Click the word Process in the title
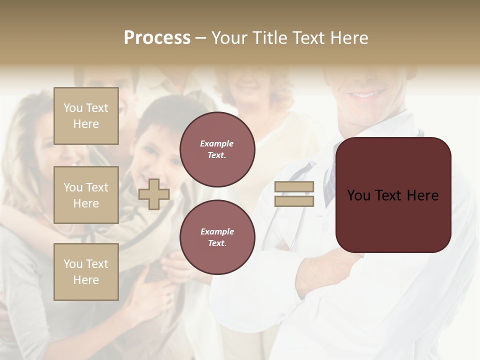[x=157, y=38]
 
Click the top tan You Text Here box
[x=86, y=116]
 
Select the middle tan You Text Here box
[x=86, y=195]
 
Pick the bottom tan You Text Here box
[x=86, y=271]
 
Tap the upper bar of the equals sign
[x=294, y=186]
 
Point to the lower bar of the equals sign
[x=294, y=201]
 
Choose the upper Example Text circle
[x=217, y=149]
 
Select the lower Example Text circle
[x=217, y=237]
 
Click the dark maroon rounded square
[x=393, y=220]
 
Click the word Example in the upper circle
[x=217, y=143]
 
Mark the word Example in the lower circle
[x=217, y=231]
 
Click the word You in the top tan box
[x=73, y=108]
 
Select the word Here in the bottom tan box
[x=86, y=280]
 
